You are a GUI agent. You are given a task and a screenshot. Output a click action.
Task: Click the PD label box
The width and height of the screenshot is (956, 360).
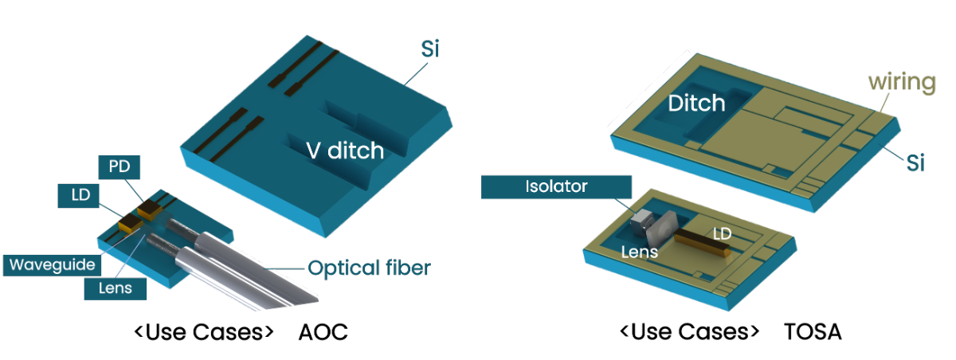click(x=118, y=168)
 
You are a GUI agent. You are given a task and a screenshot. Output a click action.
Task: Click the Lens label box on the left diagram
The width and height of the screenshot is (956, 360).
click(x=116, y=287)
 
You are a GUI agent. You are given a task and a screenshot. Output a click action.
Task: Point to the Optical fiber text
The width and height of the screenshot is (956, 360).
click(x=369, y=268)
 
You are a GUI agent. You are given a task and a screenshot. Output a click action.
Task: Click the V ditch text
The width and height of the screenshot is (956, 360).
click(x=345, y=150)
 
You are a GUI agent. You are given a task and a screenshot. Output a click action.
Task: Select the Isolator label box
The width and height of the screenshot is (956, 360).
click(x=556, y=187)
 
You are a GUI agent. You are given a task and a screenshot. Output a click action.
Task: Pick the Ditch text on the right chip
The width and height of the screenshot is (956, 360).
click(x=696, y=103)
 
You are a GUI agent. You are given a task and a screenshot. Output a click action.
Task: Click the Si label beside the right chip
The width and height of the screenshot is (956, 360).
click(x=915, y=164)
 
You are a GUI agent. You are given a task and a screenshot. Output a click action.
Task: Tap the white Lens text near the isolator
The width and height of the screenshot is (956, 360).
click(x=639, y=252)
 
